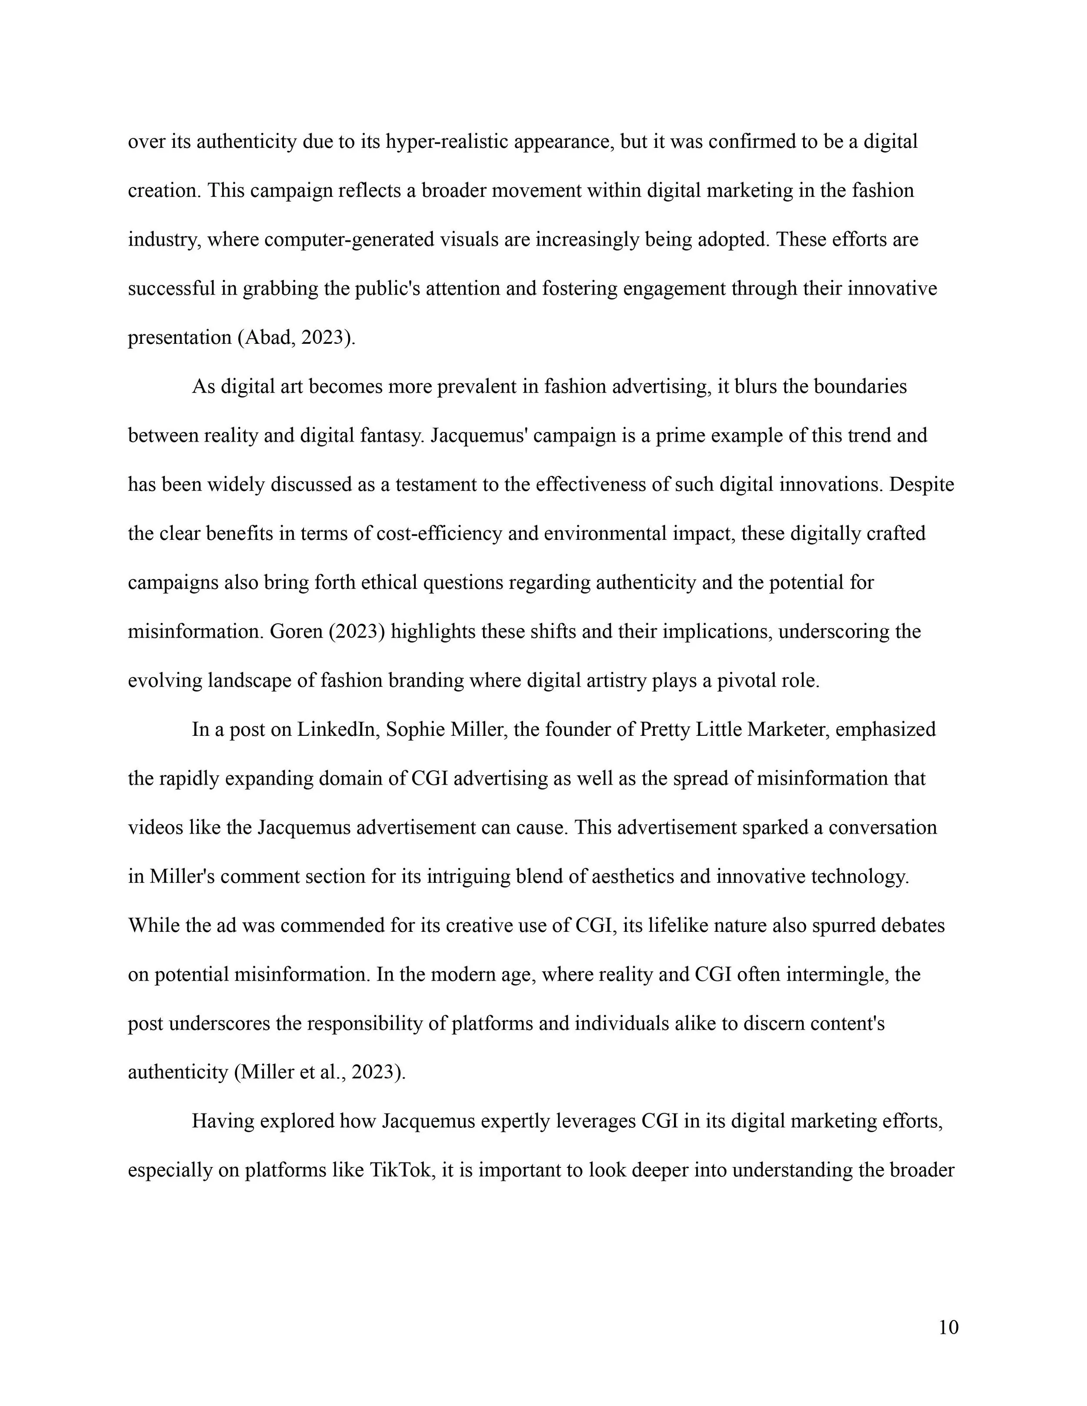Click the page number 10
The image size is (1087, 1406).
[x=948, y=1327]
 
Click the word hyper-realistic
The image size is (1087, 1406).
[x=447, y=142]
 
